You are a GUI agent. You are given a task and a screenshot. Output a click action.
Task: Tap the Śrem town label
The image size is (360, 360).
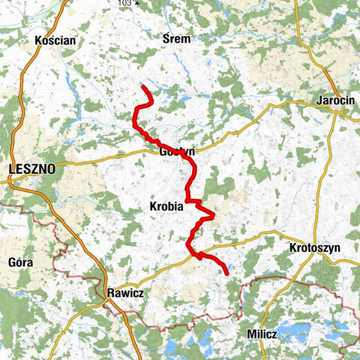coord(177,38)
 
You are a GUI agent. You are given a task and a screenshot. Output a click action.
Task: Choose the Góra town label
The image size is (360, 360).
coord(20,263)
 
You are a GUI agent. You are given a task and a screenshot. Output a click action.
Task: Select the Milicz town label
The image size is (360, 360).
coord(262,332)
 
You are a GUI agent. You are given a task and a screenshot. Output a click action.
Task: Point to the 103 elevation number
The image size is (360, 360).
coord(124,4)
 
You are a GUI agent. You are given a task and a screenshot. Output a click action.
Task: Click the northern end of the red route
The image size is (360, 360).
coord(142,87)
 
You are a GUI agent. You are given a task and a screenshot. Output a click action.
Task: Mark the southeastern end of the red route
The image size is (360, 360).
coord(226,274)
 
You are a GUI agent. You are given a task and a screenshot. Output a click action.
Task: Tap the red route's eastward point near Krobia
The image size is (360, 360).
coord(214,216)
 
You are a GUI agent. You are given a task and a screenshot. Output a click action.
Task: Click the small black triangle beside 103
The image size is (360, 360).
coord(137,4)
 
